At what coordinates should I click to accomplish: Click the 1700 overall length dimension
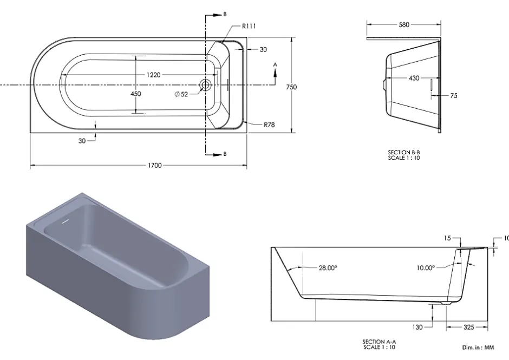(154, 165)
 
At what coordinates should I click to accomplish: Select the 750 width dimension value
(291, 87)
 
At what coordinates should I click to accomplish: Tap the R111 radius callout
(249, 26)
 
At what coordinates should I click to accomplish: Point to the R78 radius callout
(269, 125)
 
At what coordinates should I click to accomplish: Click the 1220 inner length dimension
(154, 75)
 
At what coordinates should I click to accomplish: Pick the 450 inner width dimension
(136, 94)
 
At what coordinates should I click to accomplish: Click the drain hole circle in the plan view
(205, 85)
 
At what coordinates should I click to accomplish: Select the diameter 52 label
(181, 94)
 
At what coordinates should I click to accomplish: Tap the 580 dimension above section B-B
(404, 25)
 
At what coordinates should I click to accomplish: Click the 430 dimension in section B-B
(414, 78)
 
